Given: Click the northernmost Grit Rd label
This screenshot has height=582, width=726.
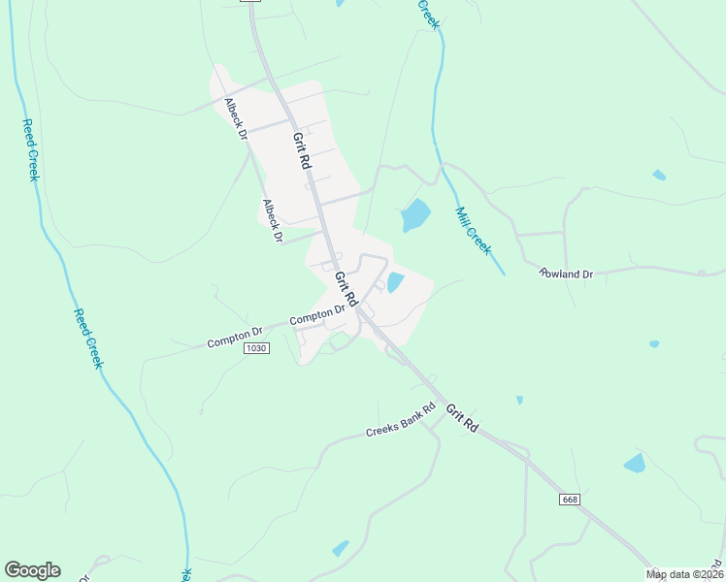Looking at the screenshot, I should [301, 152].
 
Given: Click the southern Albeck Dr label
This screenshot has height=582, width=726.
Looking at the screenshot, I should [272, 220].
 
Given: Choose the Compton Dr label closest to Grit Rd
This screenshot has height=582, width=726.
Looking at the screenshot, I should [318, 315].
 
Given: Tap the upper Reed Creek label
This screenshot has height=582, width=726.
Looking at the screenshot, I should [30, 150].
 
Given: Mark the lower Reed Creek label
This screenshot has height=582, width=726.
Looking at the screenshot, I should [88, 339].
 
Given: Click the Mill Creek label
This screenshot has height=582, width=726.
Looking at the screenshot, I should [474, 230].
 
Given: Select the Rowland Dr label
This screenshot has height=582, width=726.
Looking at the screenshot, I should [566, 275].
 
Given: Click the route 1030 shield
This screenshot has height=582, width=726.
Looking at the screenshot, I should [256, 348].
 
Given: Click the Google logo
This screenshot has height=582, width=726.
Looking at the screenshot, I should [32, 570].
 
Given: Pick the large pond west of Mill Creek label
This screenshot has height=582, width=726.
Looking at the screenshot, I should [415, 214].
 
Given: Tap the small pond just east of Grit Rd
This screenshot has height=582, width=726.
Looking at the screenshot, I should [396, 282].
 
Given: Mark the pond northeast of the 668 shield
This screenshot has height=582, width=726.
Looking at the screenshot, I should [635, 463].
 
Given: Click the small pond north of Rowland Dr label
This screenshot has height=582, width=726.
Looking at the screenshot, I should [660, 175].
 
